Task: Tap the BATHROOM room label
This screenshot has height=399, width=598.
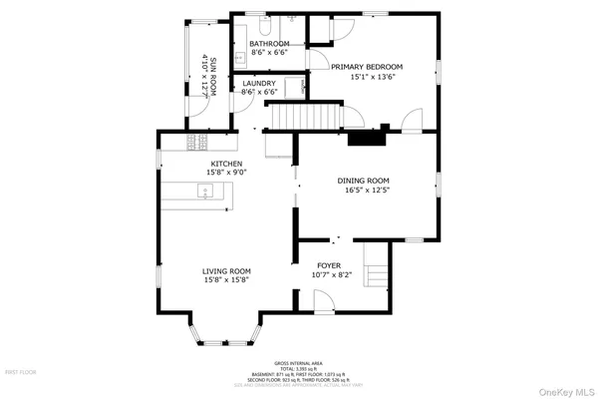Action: click(269, 44)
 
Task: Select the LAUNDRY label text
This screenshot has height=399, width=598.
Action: click(259, 84)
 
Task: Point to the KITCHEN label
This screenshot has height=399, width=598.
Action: click(225, 164)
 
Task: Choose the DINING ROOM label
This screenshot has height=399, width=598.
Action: click(367, 181)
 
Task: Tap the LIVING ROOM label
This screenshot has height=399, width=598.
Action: click(226, 271)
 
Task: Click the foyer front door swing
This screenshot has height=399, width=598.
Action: click(321, 299)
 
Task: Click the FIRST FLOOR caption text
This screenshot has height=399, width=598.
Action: click(21, 371)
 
